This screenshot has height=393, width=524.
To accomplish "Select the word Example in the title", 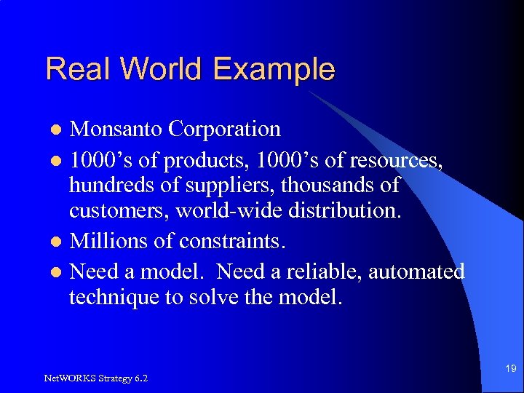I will (274, 69).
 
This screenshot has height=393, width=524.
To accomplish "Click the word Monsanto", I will (116, 129).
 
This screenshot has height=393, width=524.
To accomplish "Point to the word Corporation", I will (224, 129).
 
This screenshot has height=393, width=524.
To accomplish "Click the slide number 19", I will (509, 369).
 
